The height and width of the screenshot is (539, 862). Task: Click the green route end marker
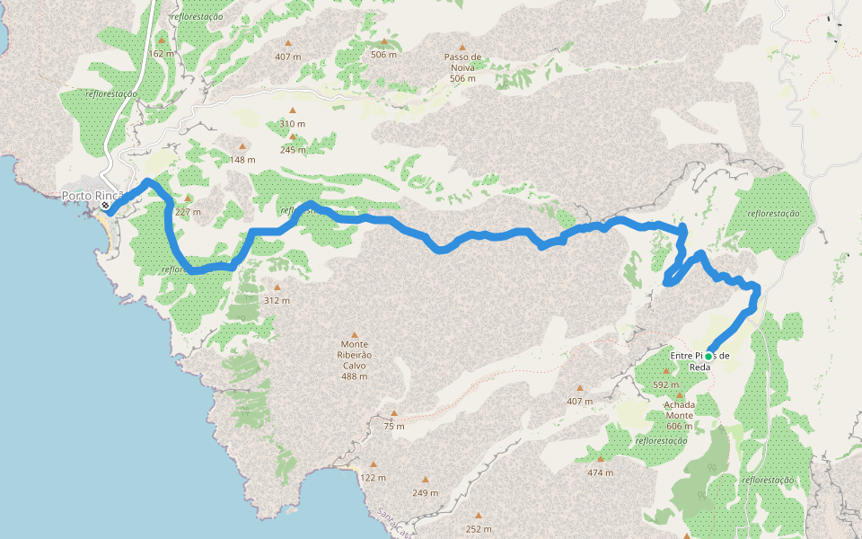click(708, 357)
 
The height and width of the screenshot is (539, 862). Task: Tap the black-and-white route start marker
click(105, 206)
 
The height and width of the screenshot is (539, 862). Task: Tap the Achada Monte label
click(680, 410)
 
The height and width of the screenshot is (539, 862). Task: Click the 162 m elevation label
click(162, 54)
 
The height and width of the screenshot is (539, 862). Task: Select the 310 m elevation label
click(292, 124)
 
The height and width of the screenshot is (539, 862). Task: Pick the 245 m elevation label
click(293, 150)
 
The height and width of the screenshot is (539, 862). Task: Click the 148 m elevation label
click(242, 160)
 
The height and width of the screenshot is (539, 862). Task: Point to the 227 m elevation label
click(188, 212)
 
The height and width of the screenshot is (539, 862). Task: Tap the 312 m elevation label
click(277, 300)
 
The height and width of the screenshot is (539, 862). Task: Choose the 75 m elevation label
click(393, 426)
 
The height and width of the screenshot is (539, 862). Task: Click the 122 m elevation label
click(374, 477)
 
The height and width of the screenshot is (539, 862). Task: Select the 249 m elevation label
click(425, 492)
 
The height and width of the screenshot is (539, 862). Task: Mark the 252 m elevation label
click(479, 528)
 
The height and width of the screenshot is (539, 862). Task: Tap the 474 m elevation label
click(600, 473)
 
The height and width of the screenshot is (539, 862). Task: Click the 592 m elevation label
click(665, 384)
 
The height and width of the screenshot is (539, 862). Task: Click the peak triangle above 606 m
click(680, 395)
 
